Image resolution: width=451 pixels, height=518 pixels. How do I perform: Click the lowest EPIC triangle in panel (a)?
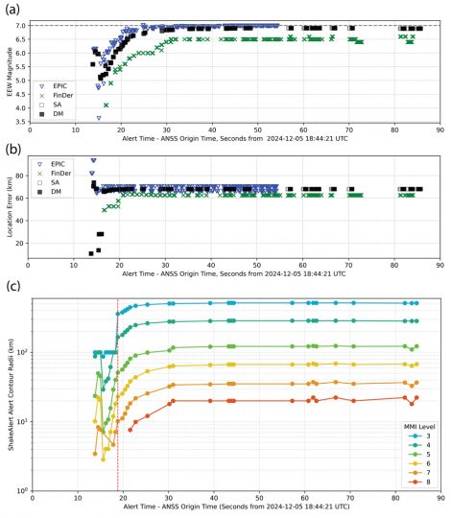[x=99, y=118]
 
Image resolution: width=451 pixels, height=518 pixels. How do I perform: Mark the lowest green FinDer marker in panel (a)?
[x=106, y=105]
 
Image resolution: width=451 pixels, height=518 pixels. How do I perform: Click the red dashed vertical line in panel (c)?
[x=118, y=403]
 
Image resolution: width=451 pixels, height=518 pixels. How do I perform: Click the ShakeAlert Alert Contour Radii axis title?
[x=9, y=393]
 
